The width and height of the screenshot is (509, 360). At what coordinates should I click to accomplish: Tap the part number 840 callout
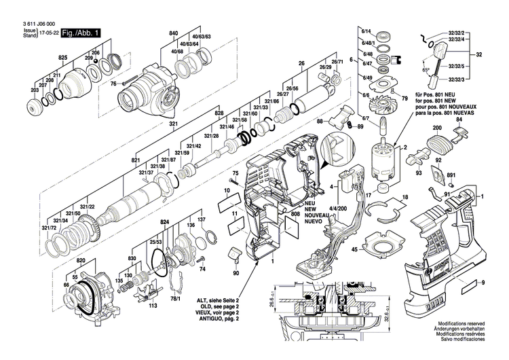pos(174,33)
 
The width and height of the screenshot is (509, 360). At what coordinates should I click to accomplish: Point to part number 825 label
pos(62,59)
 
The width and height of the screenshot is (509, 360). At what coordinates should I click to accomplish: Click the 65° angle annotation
pos(426,70)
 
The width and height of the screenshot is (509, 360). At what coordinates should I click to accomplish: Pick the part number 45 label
pos(354,250)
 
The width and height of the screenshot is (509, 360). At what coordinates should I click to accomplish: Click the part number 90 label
pos(235,273)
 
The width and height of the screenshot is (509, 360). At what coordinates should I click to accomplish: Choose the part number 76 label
pos(113,84)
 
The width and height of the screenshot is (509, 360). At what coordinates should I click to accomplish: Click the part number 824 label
pos(164,223)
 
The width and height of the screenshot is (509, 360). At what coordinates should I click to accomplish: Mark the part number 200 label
pos(436,128)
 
